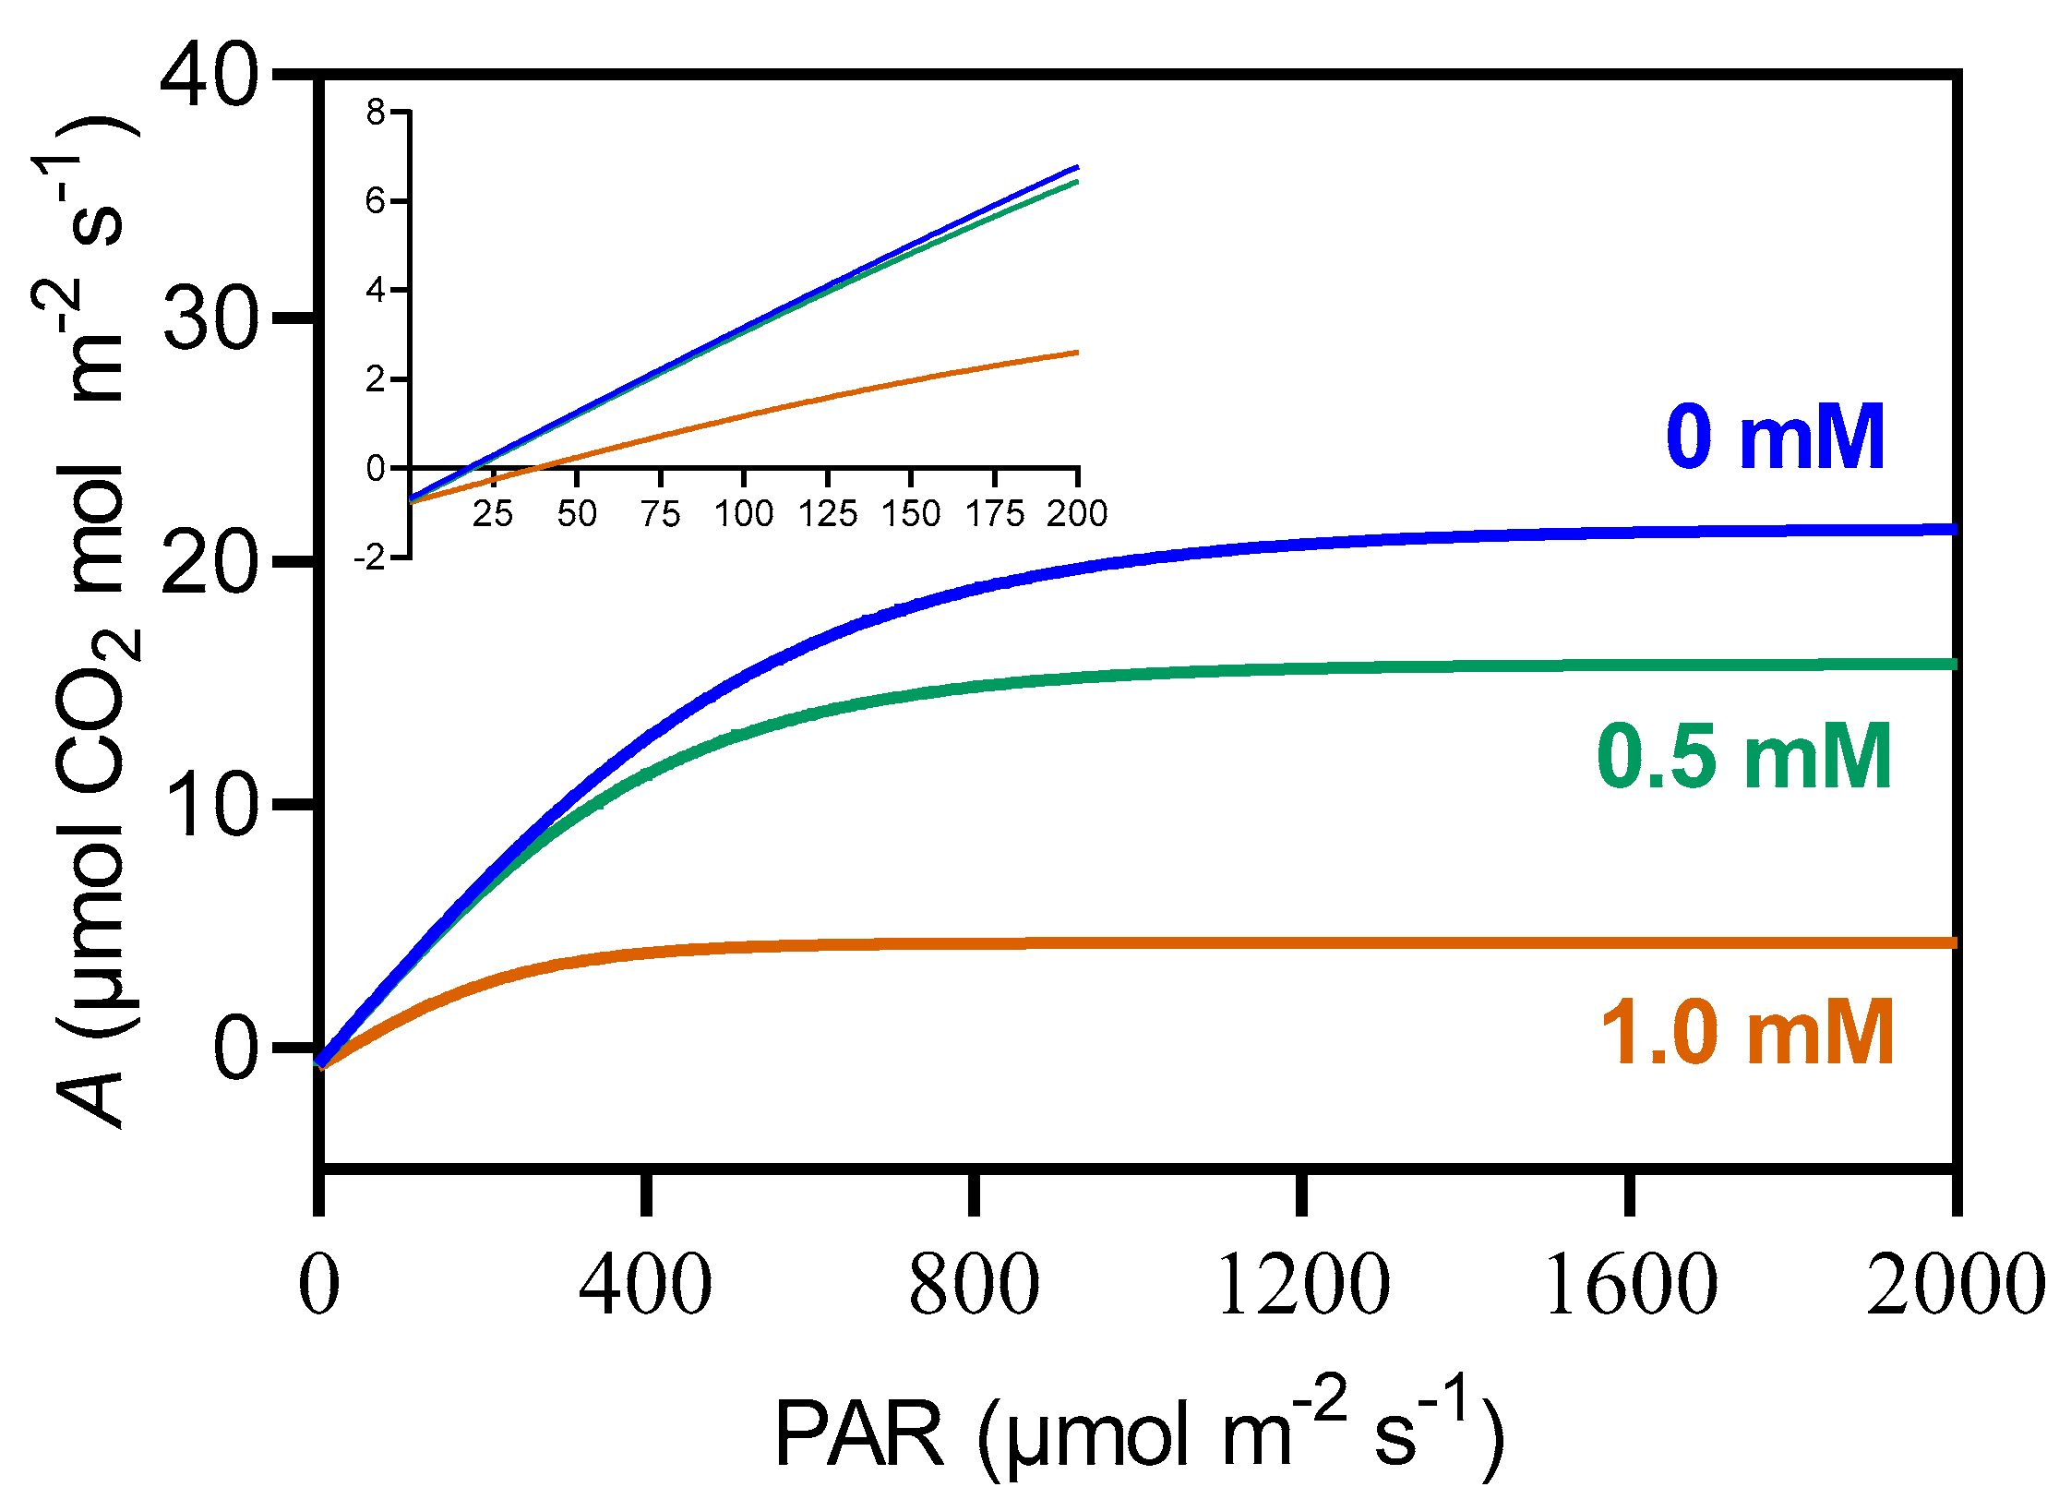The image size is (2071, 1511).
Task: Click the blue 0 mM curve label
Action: [1775, 438]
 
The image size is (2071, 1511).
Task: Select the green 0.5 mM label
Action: [1744, 758]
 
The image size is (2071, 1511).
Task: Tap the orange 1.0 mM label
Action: [1747, 1034]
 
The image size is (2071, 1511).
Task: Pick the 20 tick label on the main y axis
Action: [210, 561]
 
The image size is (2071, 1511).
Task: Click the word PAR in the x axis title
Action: [859, 1435]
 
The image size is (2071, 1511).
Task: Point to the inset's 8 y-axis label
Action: [376, 113]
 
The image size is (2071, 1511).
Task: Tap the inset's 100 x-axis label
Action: [744, 513]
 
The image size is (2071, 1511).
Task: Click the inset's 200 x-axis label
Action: [1077, 513]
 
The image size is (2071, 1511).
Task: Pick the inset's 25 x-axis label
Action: [493, 513]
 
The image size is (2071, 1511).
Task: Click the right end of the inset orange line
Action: [1075, 353]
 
